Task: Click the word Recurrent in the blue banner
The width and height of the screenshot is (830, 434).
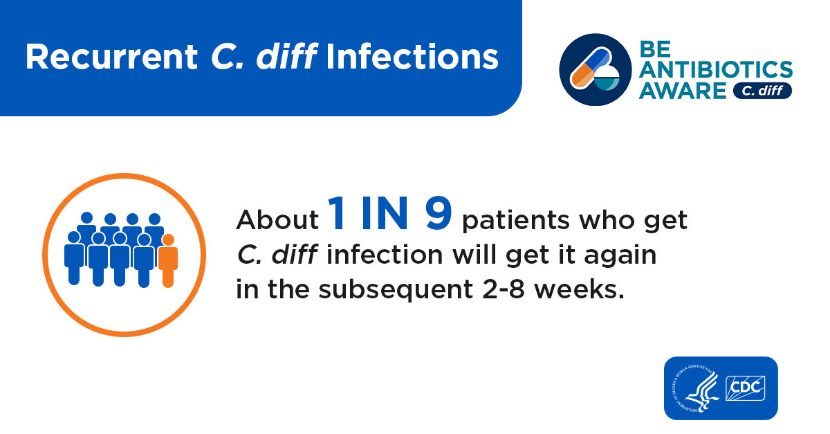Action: pyautogui.click(x=111, y=57)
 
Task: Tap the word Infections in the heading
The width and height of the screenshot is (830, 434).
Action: pyautogui.click(x=412, y=57)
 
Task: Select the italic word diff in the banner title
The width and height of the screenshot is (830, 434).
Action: pyautogui.click(x=287, y=56)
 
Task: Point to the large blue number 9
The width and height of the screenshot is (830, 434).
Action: pyautogui.click(x=439, y=213)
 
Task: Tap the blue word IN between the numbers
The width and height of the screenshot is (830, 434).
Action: pyautogui.click(x=385, y=213)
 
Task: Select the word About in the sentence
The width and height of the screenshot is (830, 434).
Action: pyautogui.click(x=277, y=220)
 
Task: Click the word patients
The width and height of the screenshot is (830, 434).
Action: pyautogui.click(x=515, y=220)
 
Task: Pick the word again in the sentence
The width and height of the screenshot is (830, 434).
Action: pyautogui.click(x=620, y=255)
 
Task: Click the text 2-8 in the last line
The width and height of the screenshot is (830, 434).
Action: pyautogui.click(x=504, y=290)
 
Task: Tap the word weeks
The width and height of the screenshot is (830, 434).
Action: pyautogui.click(x=579, y=289)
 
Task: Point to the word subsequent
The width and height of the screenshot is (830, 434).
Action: pyautogui.click(x=396, y=290)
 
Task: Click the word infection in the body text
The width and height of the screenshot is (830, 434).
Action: pyautogui.click(x=385, y=255)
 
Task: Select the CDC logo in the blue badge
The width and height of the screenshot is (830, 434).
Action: pyautogui.click(x=745, y=388)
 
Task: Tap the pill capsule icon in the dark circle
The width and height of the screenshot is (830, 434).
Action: pyautogui.click(x=591, y=67)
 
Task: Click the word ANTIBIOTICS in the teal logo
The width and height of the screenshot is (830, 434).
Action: pyautogui.click(x=715, y=70)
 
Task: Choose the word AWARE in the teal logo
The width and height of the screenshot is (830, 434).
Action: pyautogui.click(x=683, y=91)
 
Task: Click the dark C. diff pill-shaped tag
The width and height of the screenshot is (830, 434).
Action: pyautogui.click(x=762, y=91)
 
